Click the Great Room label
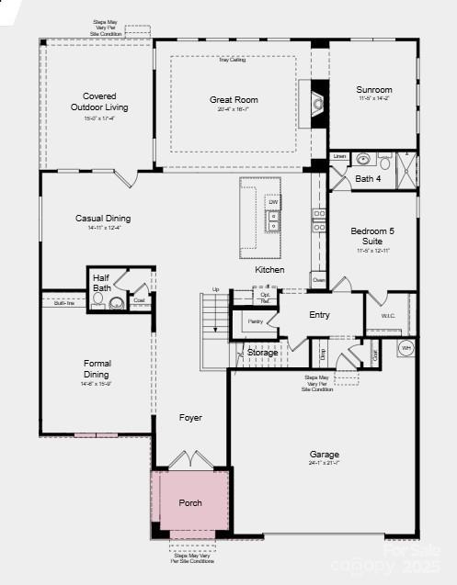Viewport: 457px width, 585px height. (x=233, y=99)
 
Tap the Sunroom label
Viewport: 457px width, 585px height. (x=374, y=90)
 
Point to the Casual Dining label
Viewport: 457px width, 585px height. (x=103, y=219)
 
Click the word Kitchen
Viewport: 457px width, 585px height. (x=269, y=270)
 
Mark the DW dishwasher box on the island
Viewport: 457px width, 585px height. (x=273, y=202)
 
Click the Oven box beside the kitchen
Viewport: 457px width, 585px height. (x=318, y=279)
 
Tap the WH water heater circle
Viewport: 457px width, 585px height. (x=406, y=348)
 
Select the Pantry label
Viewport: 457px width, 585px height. (x=255, y=321)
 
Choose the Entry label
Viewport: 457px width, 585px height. (x=319, y=315)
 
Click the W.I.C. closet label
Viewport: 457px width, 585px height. (x=387, y=318)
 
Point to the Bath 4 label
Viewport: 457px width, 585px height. (x=368, y=178)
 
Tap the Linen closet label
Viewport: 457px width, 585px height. (x=339, y=156)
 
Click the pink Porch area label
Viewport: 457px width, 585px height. (x=190, y=502)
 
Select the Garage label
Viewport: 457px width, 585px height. (x=324, y=455)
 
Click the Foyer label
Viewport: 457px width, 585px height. (x=190, y=418)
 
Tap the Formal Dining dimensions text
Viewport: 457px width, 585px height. (x=97, y=384)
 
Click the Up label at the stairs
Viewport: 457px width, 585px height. (x=216, y=290)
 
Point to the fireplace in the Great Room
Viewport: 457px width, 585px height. (x=318, y=103)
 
